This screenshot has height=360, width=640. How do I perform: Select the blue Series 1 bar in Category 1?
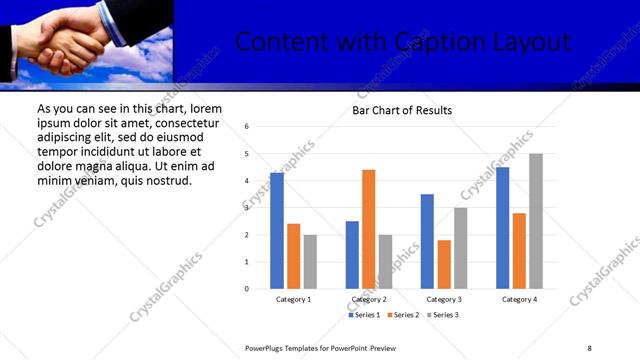tap(277, 231)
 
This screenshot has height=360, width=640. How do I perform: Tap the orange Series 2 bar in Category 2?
tap(369, 229)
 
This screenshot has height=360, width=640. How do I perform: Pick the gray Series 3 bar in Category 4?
tap(536, 221)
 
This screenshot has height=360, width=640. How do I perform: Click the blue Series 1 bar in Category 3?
tap(427, 241)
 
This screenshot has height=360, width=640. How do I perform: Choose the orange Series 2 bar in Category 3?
tap(444, 264)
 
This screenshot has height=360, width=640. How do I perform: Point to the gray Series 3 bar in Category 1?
tap(310, 261)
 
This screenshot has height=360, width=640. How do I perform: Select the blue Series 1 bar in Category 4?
tap(503, 228)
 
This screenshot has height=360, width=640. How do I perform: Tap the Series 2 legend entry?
tap(403, 315)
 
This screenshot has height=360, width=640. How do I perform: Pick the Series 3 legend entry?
tap(442, 315)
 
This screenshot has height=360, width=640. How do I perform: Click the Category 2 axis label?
tap(369, 299)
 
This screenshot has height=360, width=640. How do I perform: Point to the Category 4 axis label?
tap(519, 299)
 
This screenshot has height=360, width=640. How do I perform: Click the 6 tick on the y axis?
tap(247, 127)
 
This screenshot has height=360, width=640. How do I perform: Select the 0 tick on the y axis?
tap(247, 289)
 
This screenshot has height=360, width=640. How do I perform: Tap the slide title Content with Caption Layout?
tap(403, 42)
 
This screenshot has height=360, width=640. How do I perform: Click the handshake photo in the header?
tap(87, 41)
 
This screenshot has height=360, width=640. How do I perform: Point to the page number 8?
tap(589, 347)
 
